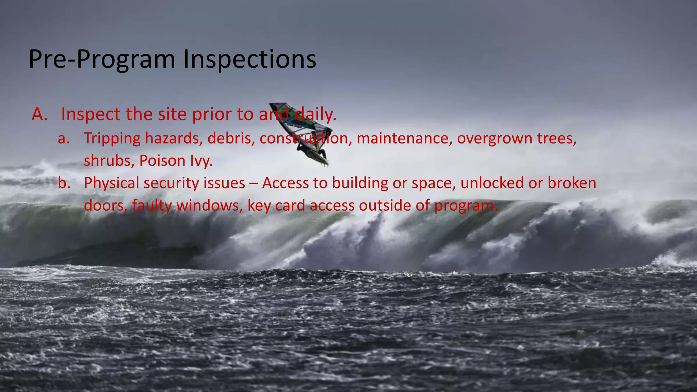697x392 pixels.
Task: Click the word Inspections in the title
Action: pyautogui.click(x=250, y=60)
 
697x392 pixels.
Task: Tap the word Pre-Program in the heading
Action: pyautogui.click(x=101, y=60)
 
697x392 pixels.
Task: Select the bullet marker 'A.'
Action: pyautogui.click(x=39, y=114)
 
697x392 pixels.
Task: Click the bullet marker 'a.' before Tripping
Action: pyautogui.click(x=64, y=138)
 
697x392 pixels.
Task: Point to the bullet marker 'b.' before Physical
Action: pyautogui.click(x=64, y=183)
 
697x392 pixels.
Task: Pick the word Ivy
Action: pyautogui.click(x=201, y=161)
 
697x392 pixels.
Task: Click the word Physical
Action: pyautogui.click(x=112, y=183)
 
